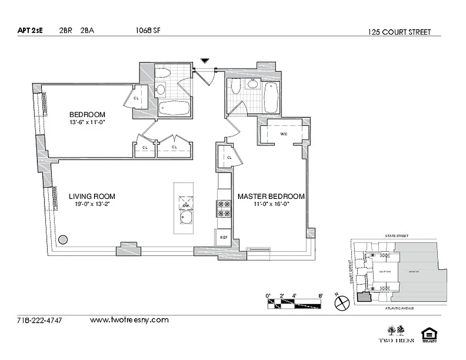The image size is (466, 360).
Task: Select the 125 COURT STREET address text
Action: (399, 32)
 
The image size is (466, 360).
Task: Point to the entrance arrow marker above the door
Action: (205, 60)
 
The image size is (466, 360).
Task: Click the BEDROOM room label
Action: (87, 114)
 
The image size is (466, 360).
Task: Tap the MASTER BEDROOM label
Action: (271, 197)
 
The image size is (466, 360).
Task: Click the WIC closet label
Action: (284, 134)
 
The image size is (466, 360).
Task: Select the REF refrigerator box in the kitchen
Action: (223, 237)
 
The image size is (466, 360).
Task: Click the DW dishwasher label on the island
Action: (185, 206)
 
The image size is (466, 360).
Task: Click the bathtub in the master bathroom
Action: (271, 97)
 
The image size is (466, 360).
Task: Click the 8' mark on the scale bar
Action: (321, 296)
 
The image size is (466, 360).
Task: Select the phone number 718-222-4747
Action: (39, 321)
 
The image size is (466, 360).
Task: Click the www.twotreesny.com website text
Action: (129, 320)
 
